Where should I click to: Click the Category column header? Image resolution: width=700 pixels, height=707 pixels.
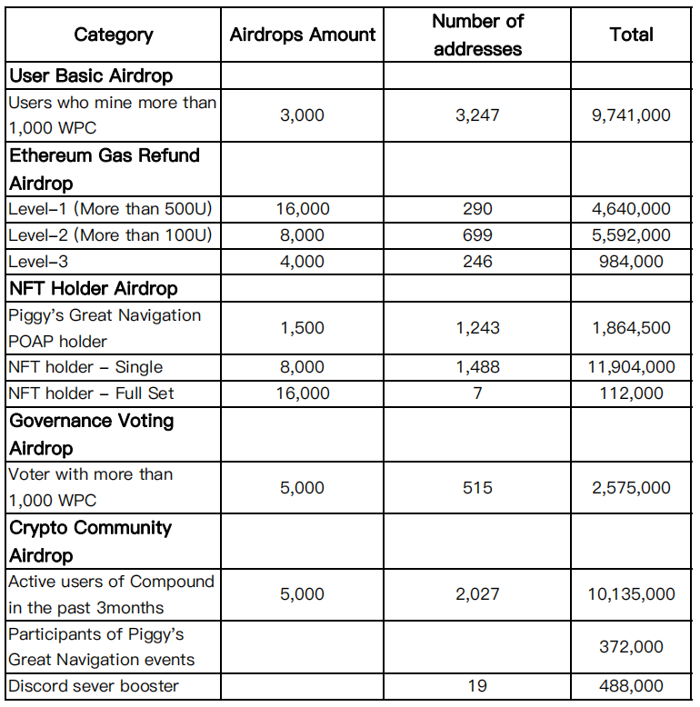pos(114,35)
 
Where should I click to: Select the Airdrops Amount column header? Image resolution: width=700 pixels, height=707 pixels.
pos(303,35)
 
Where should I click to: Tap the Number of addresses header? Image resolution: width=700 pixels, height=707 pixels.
pos(477,34)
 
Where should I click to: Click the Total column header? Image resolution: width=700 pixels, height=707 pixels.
pos(631,35)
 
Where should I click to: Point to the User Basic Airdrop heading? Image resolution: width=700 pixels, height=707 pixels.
pos(91,75)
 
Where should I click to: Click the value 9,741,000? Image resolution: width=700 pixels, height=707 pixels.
pos(631,115)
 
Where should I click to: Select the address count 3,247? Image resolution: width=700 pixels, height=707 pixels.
pos(477,115)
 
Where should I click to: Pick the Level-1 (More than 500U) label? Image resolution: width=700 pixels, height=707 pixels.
pos(110,209)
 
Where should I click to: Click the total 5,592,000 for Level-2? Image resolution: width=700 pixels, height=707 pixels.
pos(631,235)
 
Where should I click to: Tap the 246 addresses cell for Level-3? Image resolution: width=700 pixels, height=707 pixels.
pos(477,262)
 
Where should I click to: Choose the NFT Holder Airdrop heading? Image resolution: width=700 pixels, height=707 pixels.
pos(94,289)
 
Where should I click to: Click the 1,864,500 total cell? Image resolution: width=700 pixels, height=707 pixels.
pos(631,328)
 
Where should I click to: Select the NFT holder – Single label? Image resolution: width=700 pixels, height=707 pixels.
pos(85,367)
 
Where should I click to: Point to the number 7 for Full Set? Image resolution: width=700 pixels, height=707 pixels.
pos(477,393)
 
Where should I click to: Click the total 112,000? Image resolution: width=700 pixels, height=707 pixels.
pos(631,393)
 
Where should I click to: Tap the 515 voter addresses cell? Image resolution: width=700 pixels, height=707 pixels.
pos(477,488)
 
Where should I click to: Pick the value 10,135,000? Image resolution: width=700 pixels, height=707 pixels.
pos(631,594)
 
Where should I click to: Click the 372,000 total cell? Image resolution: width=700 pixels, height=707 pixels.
pos(631,647)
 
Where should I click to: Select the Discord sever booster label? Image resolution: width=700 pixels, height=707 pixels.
pos(94,686)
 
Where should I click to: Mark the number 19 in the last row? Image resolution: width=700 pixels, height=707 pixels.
pos(477,686)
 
